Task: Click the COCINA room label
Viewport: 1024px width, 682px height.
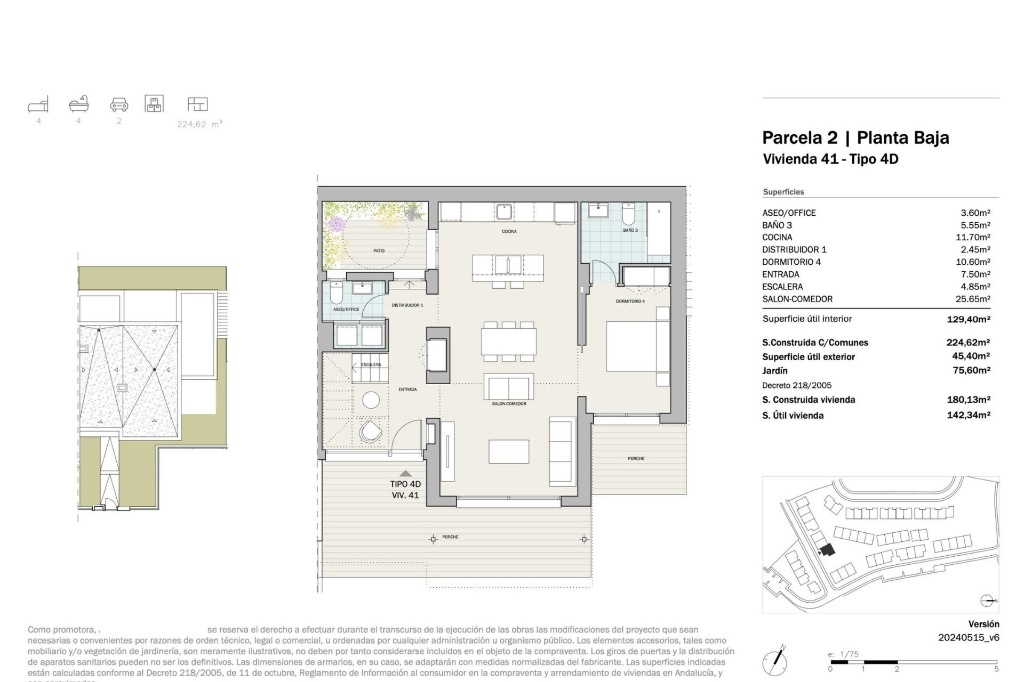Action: pyautogui.click(x=509, y=231)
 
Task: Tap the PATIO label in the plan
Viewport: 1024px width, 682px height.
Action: pyautogui.click(x=379, y=250)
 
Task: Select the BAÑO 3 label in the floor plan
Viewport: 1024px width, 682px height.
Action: pyautogui.click(x=630, y=230)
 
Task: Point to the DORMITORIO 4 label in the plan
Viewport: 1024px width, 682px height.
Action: pyautogui.click(x=630, y=302)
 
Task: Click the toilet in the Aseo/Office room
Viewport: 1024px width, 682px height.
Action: pyautogui.click(x=337, y=293)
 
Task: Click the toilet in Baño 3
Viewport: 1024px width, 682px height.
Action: pyautogui.click(x=628, y=214)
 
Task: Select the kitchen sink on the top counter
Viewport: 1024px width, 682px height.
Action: pyautogui.click(x=503, y=212)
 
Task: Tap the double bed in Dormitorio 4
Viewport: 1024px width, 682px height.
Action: pyautogui.click(x=637, y=346)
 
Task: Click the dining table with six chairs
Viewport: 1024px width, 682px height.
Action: pyautogui.click(x=508, y=342)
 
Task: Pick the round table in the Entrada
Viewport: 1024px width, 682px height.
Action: pyautogui.click(x=371, y=400)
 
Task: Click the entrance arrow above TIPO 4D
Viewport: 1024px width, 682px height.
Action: pyautogui.click(x=405, y=473)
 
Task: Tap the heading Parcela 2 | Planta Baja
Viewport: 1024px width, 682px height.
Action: pyautogui.click(x=855, y=137)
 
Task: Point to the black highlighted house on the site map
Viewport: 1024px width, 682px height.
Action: pyautogui.click(x=827, y=550)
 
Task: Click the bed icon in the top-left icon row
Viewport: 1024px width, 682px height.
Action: pyautogui.click(x=38, y=104)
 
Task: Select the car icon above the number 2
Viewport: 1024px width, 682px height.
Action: pyautogui.click(x=119, y=104)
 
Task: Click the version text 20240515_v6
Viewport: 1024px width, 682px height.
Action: pyautogui.click(x=968, y=637)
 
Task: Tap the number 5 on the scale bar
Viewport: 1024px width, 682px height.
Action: pyautogui.click(x=996, y=669)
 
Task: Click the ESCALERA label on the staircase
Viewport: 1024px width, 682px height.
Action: pyautogui.click(x=371, y=364)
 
